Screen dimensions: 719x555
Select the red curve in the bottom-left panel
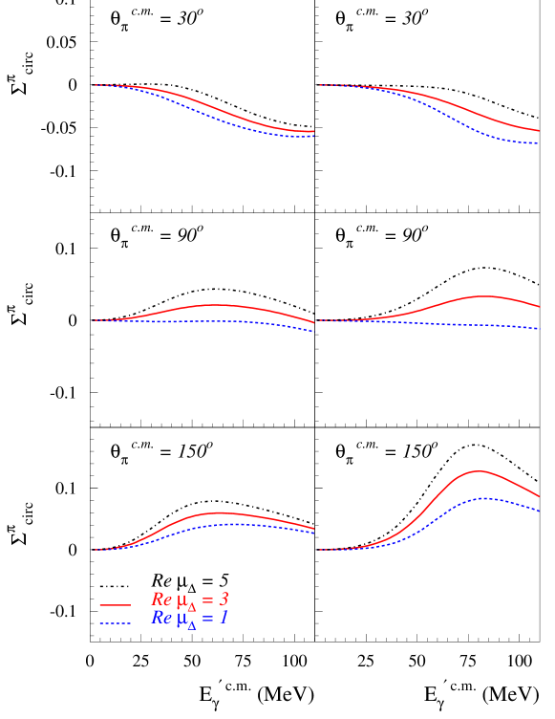(220, 512)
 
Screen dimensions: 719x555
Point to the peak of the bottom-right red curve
(479, 470)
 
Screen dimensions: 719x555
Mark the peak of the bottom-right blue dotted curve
(484, 498)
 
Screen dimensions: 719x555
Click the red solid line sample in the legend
(115, 604)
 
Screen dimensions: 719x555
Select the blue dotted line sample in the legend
(115, 623)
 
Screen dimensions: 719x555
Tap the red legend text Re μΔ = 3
(189, 600)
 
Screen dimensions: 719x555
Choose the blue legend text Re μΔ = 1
(189, 619)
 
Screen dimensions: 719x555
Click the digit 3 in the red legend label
(224, 599)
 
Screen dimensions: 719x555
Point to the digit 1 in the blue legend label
(224, 618)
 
